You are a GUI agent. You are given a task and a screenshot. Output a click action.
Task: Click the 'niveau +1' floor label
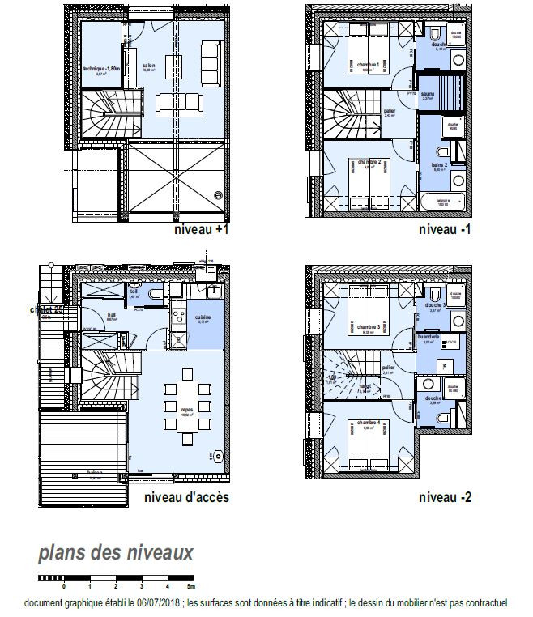(202, 230)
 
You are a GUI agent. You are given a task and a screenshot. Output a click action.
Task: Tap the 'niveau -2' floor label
(445, 497)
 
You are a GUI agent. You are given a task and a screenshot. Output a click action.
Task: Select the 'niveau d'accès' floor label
(185, 497)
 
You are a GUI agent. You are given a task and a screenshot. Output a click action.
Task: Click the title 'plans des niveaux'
(115, 554)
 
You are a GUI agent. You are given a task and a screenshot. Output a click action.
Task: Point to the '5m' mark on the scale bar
(190, 585)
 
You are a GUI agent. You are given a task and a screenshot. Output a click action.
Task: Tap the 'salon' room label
(149, 66)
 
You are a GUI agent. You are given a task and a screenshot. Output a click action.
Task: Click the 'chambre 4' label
(369, 423)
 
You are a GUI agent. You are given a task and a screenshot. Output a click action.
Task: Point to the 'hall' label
(113, 315)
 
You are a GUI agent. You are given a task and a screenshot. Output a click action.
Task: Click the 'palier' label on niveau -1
(389, 110)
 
